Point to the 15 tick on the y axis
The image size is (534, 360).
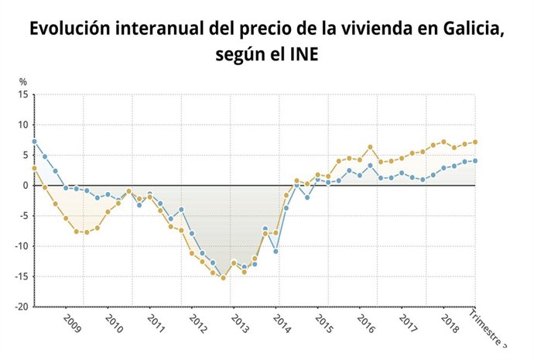click(22, 95)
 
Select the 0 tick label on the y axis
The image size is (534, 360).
click(25, 186)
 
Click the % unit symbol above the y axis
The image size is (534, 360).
click(23, 82)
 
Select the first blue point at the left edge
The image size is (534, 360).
click(34, 142)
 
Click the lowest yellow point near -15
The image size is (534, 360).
click(223, 278)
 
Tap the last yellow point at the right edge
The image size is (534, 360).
click(474, 142)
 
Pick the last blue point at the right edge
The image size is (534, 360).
click(474, 161)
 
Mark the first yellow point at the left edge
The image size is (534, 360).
click(34, 168)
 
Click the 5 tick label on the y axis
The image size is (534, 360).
click(25, 156)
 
